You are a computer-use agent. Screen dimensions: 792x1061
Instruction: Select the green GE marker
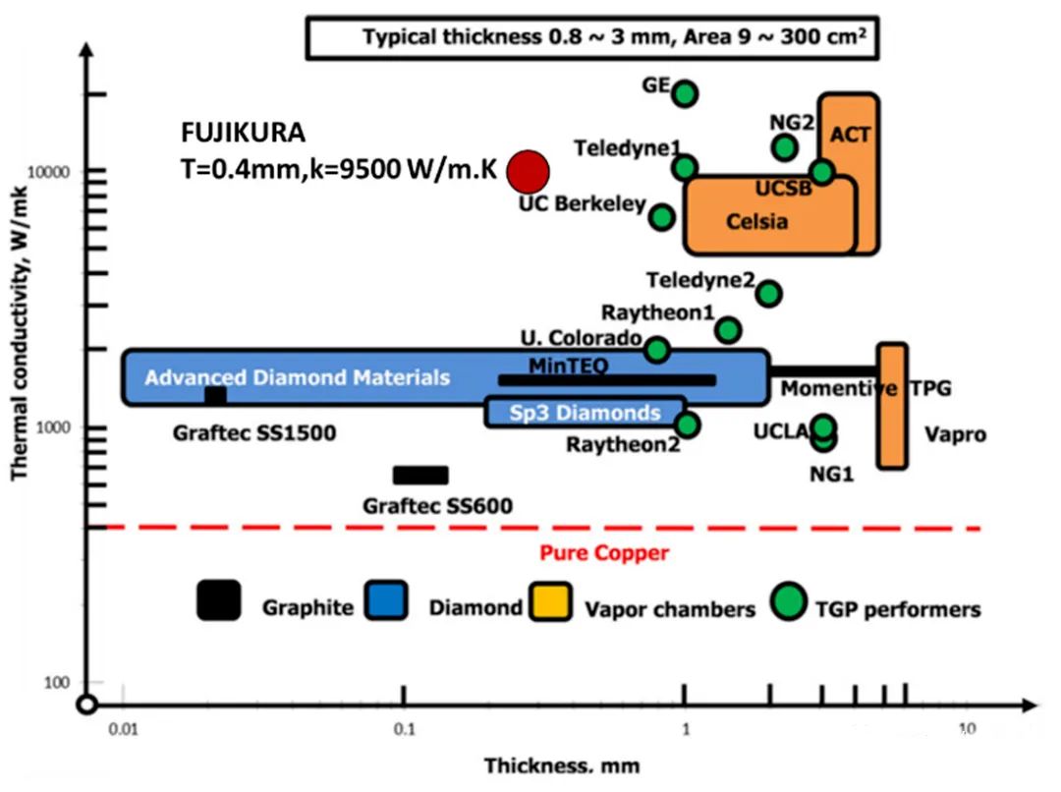(685, 94)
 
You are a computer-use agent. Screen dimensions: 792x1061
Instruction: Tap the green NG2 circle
(784, 147)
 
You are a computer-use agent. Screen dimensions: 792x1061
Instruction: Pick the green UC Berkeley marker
(662, 217)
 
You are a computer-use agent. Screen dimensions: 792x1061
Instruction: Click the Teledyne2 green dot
(769, 293)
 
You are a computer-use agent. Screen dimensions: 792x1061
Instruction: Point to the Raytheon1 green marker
(728, 330)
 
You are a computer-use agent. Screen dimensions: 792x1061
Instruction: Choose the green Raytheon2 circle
(688, 424)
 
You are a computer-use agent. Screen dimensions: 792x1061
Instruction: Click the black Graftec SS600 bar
(420, 476)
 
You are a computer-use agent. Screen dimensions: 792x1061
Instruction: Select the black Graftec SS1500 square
(215, 395)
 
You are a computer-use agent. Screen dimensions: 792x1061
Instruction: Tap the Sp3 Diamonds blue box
(586, 413)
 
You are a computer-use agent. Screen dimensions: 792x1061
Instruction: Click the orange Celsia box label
(756, 221)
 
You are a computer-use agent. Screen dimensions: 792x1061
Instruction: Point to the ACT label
(850, 134)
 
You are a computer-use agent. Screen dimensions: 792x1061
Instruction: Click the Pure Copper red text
(603, 553)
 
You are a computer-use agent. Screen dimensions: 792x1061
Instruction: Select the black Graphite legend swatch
(218, 600)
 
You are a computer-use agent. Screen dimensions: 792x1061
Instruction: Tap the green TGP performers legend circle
(788, 599)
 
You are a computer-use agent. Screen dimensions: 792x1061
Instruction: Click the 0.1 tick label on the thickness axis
(402, 728)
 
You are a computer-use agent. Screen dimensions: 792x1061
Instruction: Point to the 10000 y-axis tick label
(61, 172)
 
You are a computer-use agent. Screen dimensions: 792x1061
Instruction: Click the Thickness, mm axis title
(561, 765)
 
